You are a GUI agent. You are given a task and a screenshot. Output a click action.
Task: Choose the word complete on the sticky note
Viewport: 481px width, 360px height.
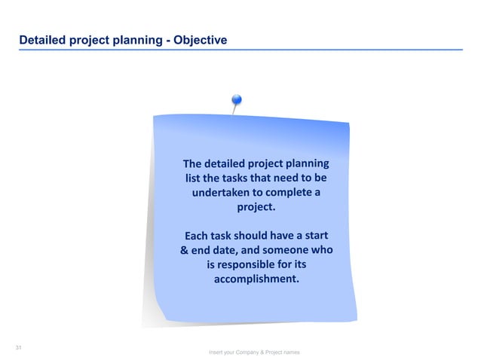click(286, 193)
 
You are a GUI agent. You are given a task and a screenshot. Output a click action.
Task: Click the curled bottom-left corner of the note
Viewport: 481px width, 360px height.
click(154, 316)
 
